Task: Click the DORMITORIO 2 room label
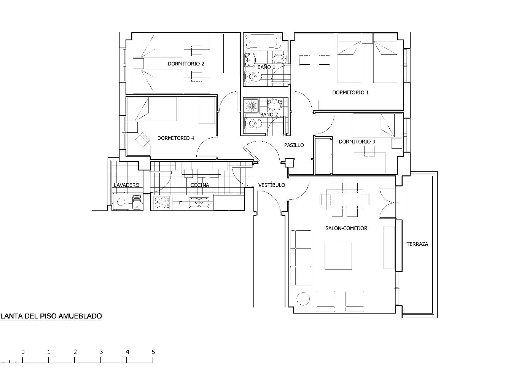(x=186, y=64)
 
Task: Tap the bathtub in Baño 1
(x=263, y=41)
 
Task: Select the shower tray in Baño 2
(x=251, y=106)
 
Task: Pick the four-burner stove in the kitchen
(x=161, y=202)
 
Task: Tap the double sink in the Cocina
(x=199, y=202)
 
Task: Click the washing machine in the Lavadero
(x=121, y=202)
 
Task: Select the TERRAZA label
(x=417, y=244)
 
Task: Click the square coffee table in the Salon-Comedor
(x=338, y=256)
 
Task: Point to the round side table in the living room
(x=303, y=299)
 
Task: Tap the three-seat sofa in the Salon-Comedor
(x=301, y=258)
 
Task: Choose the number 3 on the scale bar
(x=101, y=352)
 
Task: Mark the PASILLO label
(x=294, y=145)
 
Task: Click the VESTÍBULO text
(x=272, y=185)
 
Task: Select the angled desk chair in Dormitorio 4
(x=143, y=140)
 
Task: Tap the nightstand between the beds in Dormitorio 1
(x=367, y=38)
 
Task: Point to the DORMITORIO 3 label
(x=357, y=142)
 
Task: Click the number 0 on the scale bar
(x=23, y=352)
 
